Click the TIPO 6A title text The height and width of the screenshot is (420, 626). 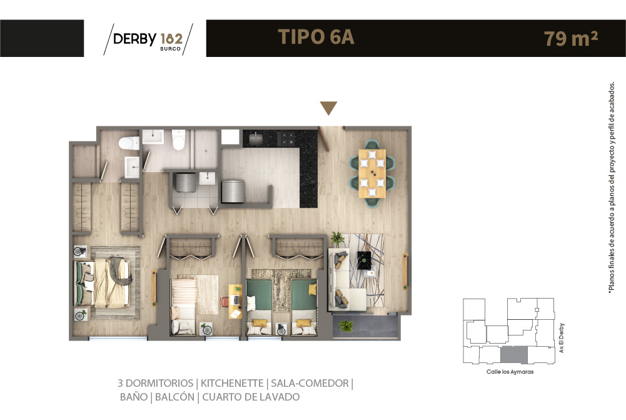pyautogui.click(x=316, y=37)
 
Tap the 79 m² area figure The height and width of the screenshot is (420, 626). pyautogui.click(x=570, y=38)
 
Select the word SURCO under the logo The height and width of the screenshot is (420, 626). pyautogui.click(x=171, y=49)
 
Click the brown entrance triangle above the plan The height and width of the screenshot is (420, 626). pyautogui.click(x=328, y=108)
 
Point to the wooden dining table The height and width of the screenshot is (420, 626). pyautogui.click(x=372, y=173)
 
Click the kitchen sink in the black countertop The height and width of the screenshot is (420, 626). pyautogui.click(x=256, y=139)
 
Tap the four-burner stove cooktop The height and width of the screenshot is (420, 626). pyautogui.click(x=287, y=138)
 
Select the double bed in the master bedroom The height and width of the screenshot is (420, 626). pyautogui.click(x=103, y=283)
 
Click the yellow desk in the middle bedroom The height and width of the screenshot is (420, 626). pyautogui.click(x=235, y=301)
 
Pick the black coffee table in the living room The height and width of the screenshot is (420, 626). pyautogui.click(x=364, y=260)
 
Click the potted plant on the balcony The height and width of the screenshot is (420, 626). pyautogui.click(x=346, y=325)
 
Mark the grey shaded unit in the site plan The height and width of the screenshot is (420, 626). pyautogui.click(x=514, y=355)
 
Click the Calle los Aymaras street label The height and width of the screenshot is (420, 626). pyautogui.click(x=510, y=372)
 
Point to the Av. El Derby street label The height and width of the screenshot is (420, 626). pyautogui.click(x=562, y=337)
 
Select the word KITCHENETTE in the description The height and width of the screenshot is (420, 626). pyautogui.click(x=232, y=383)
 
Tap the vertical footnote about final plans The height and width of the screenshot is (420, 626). pyautogui.click(x=611, y=188)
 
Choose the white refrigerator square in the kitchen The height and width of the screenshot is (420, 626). pyautogui.click(x=230, y=137)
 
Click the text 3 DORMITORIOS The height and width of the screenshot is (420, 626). pyautogui.click(x=155, y=383)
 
